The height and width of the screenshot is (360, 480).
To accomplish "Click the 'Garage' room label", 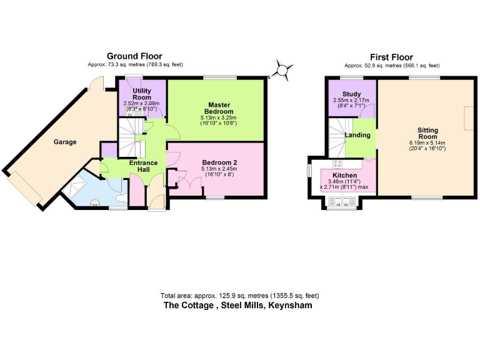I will coord(64,142).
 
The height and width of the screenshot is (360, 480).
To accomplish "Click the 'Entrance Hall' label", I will coord(143,167).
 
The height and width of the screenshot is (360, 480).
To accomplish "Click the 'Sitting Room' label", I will coord(427,133).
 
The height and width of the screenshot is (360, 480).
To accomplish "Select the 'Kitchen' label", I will coord(344,175).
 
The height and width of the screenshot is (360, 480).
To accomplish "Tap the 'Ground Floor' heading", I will coord(134,56).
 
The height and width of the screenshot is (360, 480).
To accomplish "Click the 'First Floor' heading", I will coord(391,57).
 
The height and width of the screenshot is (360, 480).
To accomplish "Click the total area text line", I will coord(240,296).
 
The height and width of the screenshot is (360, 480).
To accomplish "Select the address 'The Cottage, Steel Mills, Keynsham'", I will coord(237,306).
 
